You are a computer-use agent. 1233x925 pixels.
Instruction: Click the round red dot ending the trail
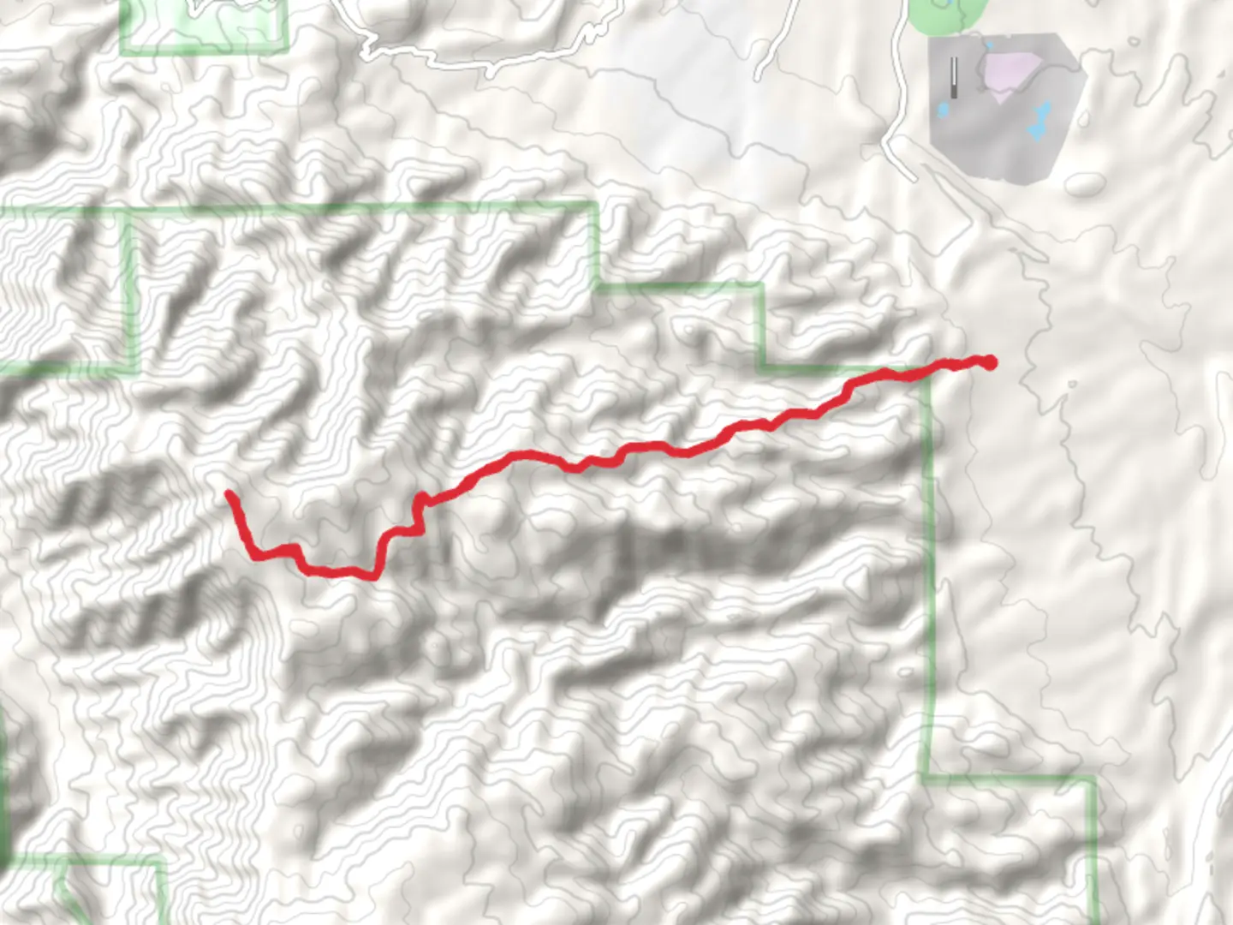[x=990, y=362]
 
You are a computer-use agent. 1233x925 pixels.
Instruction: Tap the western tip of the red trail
[x=229, y=493]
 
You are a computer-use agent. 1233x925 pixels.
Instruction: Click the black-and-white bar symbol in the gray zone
[x=954, y=76]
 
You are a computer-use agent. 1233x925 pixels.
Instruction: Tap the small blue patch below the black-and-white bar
[x=944, y=110]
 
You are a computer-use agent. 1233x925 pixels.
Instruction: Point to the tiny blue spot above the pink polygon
[x=989, y=45]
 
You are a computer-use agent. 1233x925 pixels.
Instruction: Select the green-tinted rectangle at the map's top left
[x=204, y=26]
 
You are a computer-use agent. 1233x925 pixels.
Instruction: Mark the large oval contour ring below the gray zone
[x=1085, y=183]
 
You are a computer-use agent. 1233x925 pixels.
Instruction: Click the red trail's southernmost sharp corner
[x=374, y=576]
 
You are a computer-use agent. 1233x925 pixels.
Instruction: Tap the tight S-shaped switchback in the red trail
[x=420, y=514]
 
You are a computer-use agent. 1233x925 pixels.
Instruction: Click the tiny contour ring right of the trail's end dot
[x=1071, y=386]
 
